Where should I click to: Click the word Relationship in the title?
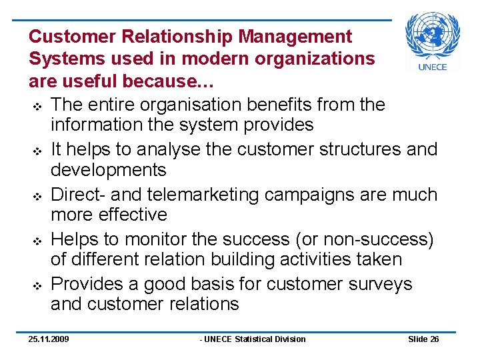(x=171, y=36)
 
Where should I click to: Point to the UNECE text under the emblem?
(x=433, y=67)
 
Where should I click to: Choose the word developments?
(x=109, y=170)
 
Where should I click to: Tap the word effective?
(x=131, y=215)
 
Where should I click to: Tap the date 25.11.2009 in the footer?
(x=49, y=339)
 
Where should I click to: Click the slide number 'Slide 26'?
(x=423, y=339)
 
